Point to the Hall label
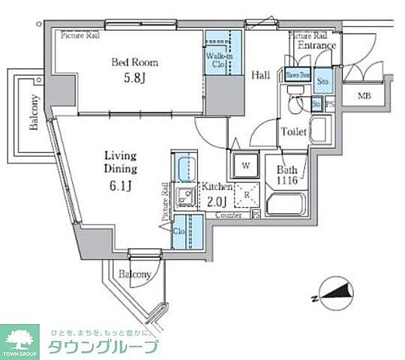[x=260, y=75]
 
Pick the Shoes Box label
[x=293, y=74]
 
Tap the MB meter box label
[x=364, y=95]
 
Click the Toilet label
[x=293, y=132]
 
